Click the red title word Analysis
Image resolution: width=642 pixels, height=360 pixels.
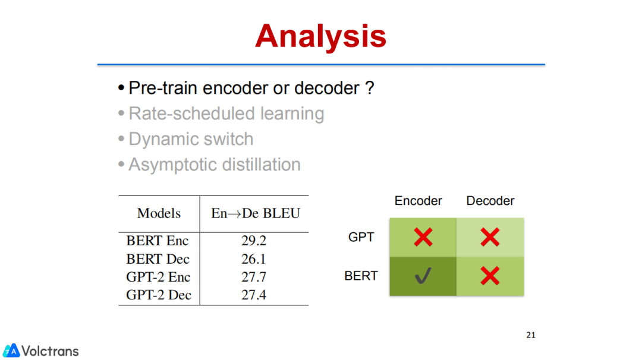320,37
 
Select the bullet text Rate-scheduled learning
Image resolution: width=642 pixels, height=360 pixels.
226,113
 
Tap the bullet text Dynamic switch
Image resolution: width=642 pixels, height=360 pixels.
191,139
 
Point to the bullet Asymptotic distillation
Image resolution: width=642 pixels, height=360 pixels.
215,165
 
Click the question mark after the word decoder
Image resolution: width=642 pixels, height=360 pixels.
369,88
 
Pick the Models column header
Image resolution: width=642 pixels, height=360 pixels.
159,213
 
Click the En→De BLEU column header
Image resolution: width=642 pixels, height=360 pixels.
256,213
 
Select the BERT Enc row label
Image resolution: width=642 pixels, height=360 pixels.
157,241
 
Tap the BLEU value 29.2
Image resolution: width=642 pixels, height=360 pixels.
254,241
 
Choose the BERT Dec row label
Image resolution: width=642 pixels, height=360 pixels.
158,259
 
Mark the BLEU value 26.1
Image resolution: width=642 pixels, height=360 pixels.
254,259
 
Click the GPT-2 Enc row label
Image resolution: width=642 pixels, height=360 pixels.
158,277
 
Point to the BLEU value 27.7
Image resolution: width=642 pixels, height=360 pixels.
254,277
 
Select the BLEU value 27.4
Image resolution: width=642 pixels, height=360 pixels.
254,295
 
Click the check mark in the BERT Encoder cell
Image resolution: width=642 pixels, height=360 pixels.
423,276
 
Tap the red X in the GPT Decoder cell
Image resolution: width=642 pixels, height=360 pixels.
490,237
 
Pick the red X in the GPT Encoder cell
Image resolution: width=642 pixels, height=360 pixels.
423,237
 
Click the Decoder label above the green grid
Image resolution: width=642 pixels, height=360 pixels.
490,201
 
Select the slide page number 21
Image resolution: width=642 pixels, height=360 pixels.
531,335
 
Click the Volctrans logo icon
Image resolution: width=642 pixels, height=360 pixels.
11,350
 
